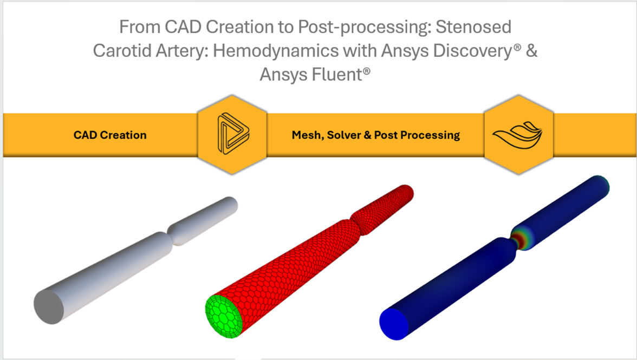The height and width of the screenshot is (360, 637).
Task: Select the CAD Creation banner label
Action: [x=110, y=135]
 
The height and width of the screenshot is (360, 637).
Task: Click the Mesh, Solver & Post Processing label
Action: [x=368, y=135]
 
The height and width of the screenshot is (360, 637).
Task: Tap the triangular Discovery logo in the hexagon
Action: [x=232, y=134]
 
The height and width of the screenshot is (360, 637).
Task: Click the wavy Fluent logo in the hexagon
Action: [x=518, y=134]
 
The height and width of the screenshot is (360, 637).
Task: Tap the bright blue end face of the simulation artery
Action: [x=395, y=323]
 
